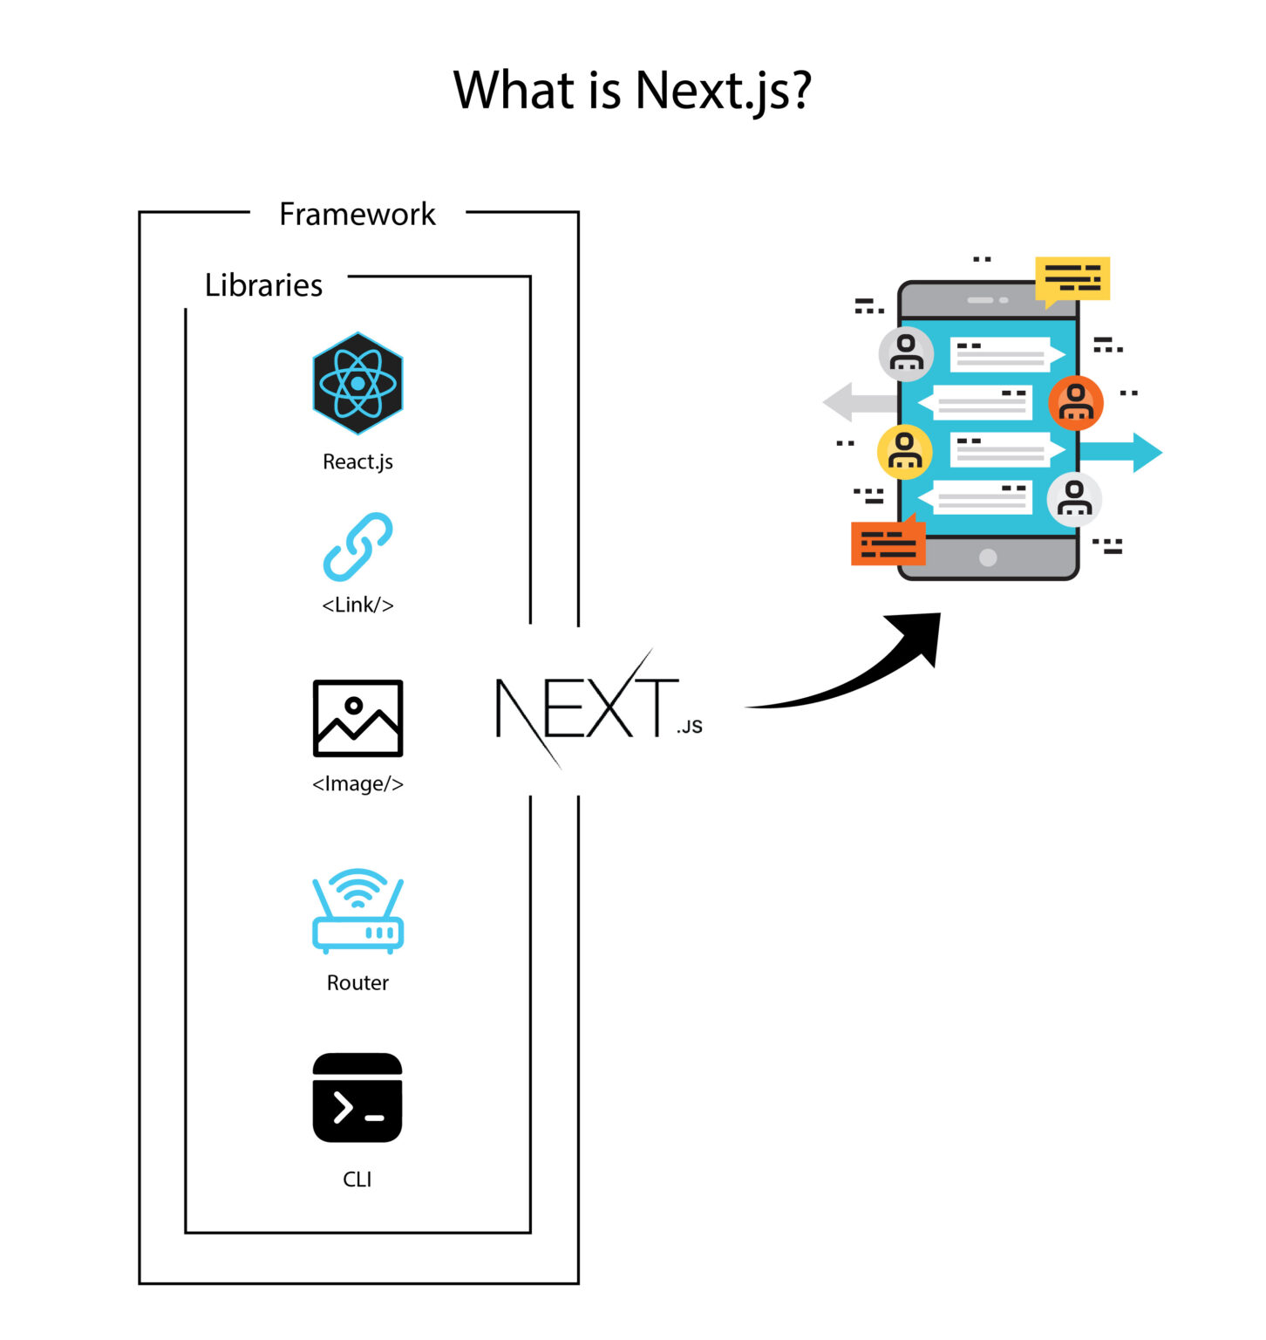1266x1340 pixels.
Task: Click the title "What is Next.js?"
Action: [632, 90]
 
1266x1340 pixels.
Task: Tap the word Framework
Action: [357, 214]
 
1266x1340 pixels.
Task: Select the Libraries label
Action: [263, 285]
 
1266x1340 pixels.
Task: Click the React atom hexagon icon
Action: [357, 383]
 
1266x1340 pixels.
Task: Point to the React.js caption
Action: [357, 461]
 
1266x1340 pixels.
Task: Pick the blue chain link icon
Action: [357, 547]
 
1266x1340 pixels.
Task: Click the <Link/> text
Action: [357, 605]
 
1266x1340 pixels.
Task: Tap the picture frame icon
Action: [357, 718]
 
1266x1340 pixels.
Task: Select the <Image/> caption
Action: [357, 783]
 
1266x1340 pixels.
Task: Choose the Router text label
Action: [357, 983]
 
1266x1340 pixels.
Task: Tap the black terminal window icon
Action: [357, 1097]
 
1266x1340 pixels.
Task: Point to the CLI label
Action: [357, 1179]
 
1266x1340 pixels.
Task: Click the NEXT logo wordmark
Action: [589, 708]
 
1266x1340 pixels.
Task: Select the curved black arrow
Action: [863, 672]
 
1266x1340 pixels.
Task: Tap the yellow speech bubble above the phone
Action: [1072, 279]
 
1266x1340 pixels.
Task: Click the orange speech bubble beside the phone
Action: [888, 543]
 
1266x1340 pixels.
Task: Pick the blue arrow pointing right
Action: [1125, 452]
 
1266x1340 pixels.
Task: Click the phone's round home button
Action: [988, 557]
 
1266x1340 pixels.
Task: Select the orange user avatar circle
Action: [1076, 402]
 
